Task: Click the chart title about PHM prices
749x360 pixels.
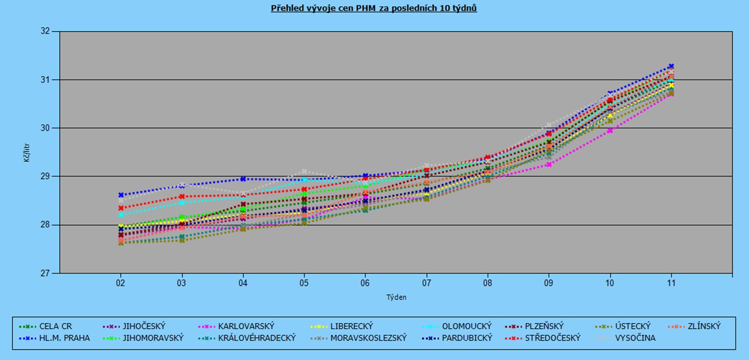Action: [374, 9]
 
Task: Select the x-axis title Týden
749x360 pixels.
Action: [396, 297]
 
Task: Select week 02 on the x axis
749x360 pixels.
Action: [120, 283]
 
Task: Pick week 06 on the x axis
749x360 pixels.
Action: [365, 283]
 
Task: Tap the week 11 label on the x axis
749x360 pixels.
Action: [671, 283]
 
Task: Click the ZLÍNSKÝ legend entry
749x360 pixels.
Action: [700, 327]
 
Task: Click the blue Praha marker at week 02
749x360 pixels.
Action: [121, 195]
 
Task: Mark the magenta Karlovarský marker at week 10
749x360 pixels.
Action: [610, 131]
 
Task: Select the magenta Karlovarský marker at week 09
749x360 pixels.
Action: [549, 164]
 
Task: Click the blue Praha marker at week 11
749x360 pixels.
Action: [671, 66]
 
